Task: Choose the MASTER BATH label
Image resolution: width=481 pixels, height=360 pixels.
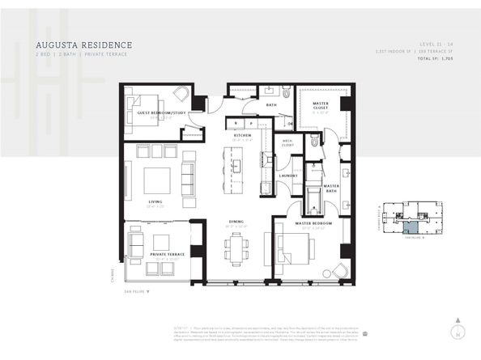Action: tap(331, 187)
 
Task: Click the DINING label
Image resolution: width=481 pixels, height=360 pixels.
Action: tap(236, 221)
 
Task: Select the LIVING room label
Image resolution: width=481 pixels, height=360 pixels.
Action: tap(155, 202)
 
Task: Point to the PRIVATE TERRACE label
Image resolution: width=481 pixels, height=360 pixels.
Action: tap(167, 254)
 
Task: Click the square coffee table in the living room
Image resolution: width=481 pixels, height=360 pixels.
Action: tap(157, 179)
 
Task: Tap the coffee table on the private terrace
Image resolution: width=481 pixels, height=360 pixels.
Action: tap(161, 241)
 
